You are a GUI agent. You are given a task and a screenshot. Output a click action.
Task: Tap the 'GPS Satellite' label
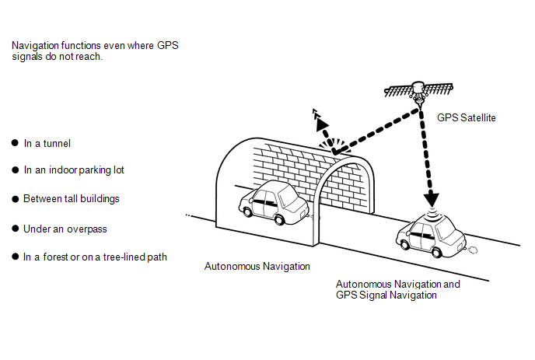467,118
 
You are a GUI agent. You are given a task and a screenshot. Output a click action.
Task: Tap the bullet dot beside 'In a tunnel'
15,144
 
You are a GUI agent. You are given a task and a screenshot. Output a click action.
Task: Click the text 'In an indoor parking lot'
74,170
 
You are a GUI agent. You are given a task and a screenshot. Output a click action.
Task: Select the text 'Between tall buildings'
72,199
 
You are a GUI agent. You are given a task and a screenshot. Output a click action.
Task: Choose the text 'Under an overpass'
65,229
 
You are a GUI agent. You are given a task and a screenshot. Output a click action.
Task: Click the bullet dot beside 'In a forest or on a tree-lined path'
15,257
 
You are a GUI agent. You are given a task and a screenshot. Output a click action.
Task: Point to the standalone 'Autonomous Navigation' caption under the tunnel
257,267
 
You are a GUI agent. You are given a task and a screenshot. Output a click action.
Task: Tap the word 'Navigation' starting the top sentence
36,46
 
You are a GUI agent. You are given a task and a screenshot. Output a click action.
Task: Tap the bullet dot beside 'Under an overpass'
15,229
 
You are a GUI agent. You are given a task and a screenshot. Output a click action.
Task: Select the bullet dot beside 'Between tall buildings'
15,199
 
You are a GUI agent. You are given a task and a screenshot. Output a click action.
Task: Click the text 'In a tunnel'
47,144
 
